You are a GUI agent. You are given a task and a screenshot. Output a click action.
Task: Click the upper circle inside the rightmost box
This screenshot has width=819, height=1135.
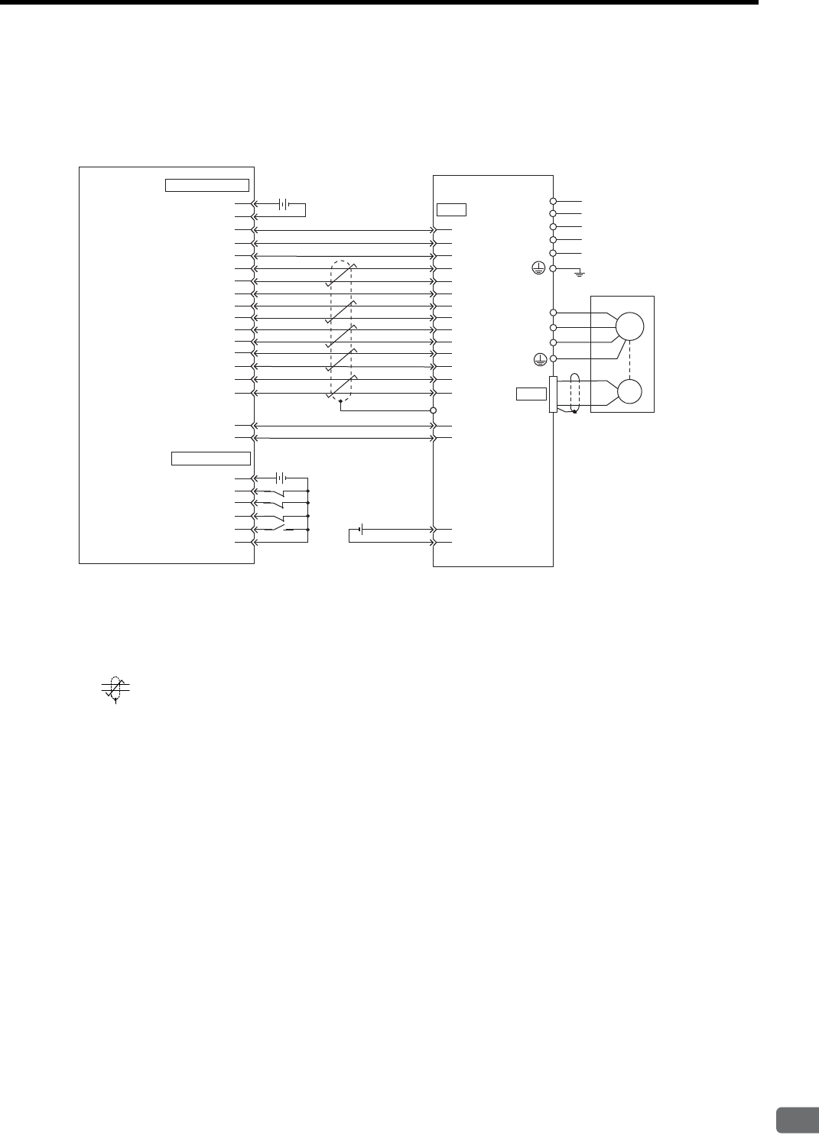point(630,327)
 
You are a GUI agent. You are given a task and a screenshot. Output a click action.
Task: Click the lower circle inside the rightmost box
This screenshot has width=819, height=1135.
point(630,391)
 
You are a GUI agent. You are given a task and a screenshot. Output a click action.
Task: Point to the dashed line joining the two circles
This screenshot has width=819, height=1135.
point(630,359)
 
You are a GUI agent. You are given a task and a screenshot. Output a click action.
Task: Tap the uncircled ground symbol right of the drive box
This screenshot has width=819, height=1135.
point(580,273)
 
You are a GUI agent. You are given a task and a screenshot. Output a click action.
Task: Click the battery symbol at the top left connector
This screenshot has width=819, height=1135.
point(283,204)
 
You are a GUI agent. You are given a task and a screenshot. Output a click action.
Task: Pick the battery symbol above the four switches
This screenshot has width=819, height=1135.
point(282,478)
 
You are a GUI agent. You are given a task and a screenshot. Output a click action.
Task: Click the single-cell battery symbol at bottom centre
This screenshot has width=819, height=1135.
point(359,529)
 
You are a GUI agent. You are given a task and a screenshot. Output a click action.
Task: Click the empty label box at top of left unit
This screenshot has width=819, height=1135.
point(206,184)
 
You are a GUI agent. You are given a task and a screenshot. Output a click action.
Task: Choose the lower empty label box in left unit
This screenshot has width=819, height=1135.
point(210,458)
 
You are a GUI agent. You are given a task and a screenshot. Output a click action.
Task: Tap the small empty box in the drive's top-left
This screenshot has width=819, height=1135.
point(451,210)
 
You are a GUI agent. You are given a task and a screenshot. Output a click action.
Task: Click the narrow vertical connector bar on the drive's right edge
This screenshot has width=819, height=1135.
point(552,394)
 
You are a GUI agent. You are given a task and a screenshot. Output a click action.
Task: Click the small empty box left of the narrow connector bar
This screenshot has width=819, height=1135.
point(531,394)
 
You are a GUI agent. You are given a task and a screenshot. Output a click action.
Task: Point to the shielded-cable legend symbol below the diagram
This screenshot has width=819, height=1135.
point(115,687)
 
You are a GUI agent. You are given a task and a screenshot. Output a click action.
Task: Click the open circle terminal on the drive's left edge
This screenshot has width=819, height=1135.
point(434,410)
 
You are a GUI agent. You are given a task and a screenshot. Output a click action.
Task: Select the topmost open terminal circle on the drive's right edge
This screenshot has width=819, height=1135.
point(552,201)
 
